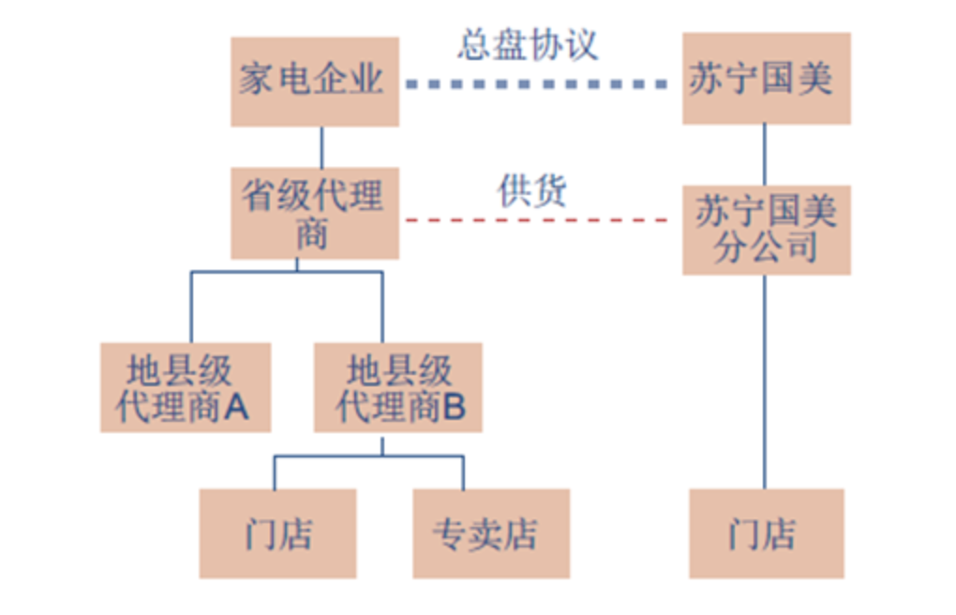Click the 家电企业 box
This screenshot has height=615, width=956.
tap(314, 81)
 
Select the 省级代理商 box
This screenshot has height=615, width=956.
tap(314, 212)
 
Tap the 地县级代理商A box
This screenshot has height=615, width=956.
tap(185, 387)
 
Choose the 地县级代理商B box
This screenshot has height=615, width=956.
tap(397, 387)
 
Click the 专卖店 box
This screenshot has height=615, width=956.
tap(490, 533)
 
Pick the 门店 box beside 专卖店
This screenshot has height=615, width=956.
tap(277, 533)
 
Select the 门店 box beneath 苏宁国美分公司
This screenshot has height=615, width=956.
tap(766, 533)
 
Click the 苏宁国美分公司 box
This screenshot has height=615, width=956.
tap(766, 229)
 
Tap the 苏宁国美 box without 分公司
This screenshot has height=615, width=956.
tap(766, 79)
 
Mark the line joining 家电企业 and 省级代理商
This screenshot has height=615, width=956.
tap(322, 146)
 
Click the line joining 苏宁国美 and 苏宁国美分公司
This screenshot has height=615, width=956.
tap(765, 154)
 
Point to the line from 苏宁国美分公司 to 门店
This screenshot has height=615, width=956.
tap(765, 381)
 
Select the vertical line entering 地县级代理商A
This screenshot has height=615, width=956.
tap(191, 307)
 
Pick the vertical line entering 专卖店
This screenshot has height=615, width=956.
tap(463, 472)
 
